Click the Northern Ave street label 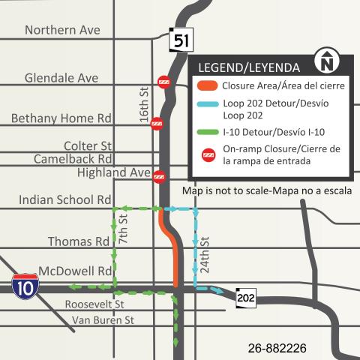[x=62, y=30]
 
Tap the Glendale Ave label [x=61, y=78]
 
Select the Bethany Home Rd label [x=61, y=118]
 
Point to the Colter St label [x=88, y=145]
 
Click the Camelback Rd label [x=73, y=159]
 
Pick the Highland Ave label [x=114, y=173]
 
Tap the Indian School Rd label [x=64, y=200]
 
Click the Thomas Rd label [x=79, y=241]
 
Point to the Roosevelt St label [x=94, y=304]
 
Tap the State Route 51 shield [x=180, y=40]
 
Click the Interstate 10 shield [x=23, y=286]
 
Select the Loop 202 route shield [x=245, y=298]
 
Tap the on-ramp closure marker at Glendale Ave [x=163, y=82]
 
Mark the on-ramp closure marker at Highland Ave [x=159, y=177]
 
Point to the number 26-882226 [x=277, y=348]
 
